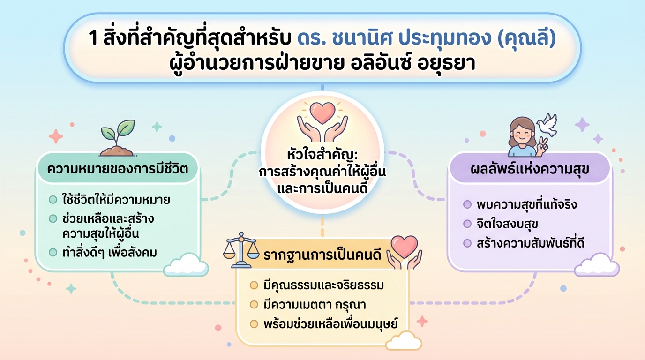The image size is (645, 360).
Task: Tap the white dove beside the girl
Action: [x=547, y=125]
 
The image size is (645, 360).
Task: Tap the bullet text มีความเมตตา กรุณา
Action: [x=315, y=304]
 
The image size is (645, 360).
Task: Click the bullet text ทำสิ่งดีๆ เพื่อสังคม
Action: [x=110, y=252]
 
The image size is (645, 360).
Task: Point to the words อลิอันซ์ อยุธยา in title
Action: [x=413, y=63]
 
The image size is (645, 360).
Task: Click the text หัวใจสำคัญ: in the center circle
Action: [x=322, y=154]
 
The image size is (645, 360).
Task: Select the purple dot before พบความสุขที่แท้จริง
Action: [x=467, y=205]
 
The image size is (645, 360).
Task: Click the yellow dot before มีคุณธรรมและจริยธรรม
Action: [x=254, y=285]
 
